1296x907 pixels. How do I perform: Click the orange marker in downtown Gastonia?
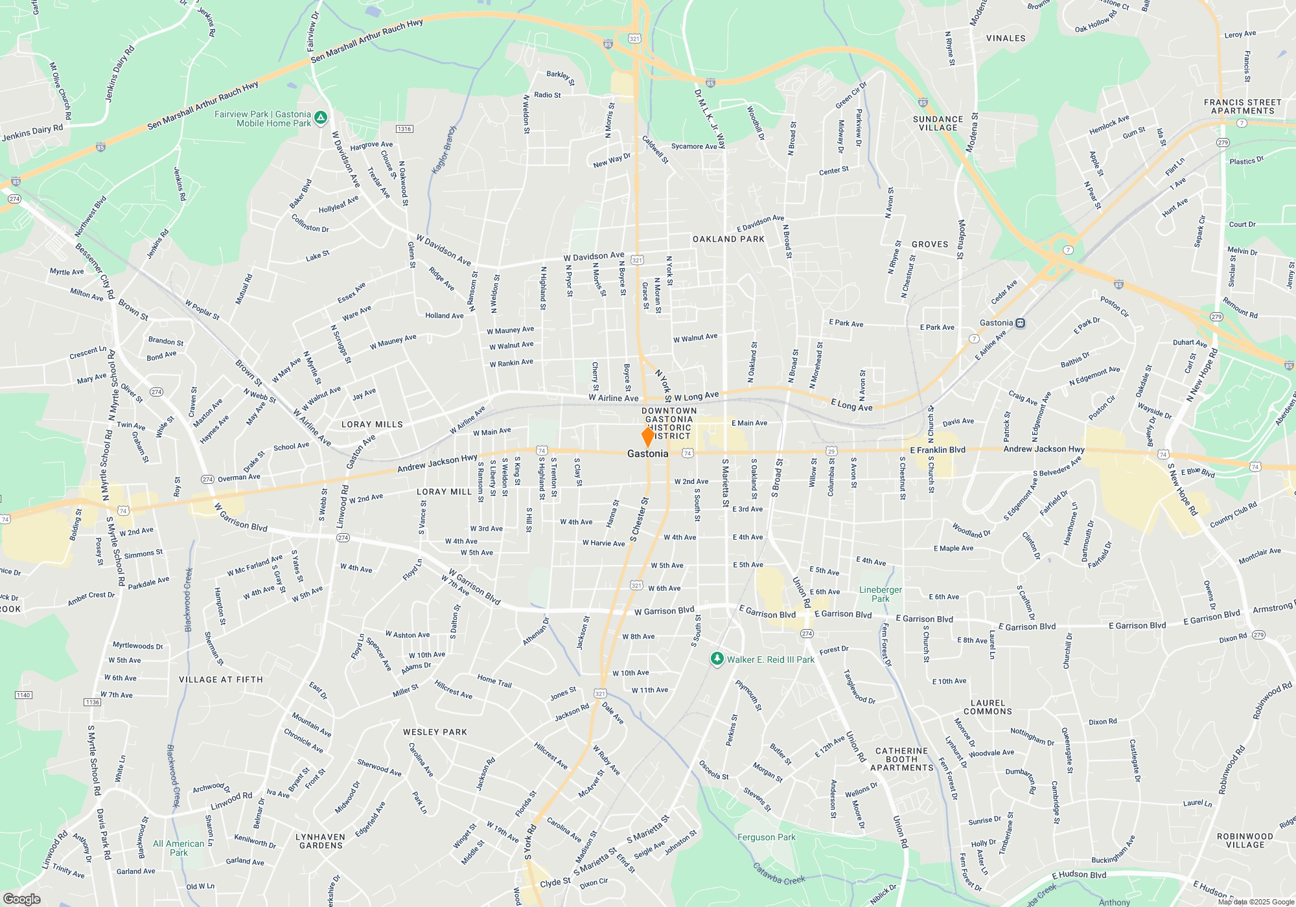647,436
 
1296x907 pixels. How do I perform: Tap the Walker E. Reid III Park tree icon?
717,660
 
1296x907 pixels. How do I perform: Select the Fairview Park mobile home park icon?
321,119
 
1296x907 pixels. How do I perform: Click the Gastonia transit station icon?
1021,323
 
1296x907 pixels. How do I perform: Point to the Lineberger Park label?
880,594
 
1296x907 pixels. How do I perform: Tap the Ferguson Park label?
766,837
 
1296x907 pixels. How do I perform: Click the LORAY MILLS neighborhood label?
372,424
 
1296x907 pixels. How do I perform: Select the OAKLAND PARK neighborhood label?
728,239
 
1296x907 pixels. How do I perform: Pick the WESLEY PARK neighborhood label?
435,732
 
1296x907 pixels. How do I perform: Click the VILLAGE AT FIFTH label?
221,680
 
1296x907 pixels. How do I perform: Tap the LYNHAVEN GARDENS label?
320,841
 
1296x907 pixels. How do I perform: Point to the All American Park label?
178,848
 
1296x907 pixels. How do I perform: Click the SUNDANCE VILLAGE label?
938,123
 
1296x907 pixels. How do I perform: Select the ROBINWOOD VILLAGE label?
1245,840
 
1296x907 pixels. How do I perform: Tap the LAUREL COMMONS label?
988,707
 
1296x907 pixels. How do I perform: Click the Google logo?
22,899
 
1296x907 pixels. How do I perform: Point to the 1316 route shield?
404,129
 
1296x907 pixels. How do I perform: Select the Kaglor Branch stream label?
444,150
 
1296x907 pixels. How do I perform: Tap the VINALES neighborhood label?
1006,38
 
